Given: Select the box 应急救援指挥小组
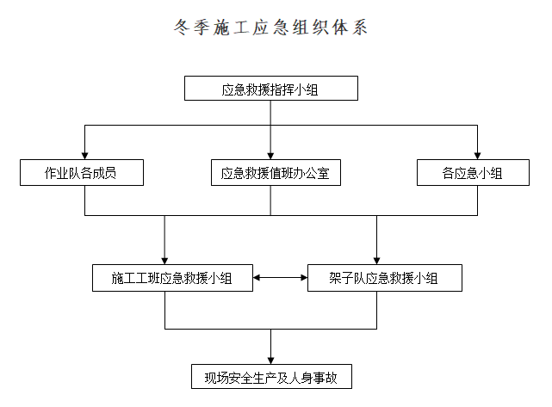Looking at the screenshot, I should [270, 89].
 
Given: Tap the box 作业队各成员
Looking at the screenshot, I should [81, 173].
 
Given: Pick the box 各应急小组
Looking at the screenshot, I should [472, 173].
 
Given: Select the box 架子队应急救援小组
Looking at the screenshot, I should [384, 278].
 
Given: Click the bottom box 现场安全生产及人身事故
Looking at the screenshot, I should [270, 377].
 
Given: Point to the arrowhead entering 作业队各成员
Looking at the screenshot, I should [84, 155].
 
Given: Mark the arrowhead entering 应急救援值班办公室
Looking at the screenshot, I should [270, 155].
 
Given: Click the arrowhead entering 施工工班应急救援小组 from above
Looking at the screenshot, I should [164, 260].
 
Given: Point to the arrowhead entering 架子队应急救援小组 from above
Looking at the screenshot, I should [376, 260].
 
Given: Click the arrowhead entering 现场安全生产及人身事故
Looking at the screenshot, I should [270, 359].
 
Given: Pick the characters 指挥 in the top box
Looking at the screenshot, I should [282, 89].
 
